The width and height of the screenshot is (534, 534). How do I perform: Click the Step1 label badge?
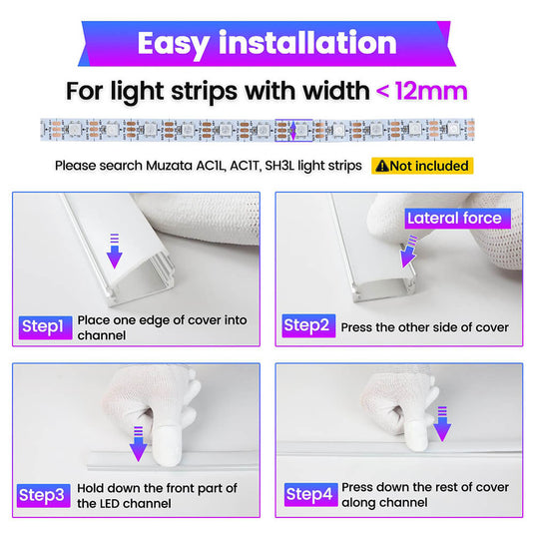coord(45,327)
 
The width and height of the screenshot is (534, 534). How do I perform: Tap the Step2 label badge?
coord(308,326)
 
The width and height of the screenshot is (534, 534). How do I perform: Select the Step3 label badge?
coord(44,495)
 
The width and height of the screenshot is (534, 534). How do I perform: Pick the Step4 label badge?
coord(311,494)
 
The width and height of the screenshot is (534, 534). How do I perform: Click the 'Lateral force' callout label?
coord(458,219)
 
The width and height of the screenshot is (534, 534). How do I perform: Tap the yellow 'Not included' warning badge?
coord(422,166)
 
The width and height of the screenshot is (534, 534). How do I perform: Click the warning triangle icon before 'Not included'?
coord(382,166)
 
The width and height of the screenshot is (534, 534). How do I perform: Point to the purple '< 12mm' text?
coord(421,91)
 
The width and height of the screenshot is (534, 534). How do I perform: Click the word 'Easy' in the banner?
coord(174,44)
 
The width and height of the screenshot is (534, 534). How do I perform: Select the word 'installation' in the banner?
coord(307,42)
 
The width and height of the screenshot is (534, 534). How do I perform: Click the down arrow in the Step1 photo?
coord(115,251)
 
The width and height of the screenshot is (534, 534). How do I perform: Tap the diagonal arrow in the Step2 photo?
coord(408,252)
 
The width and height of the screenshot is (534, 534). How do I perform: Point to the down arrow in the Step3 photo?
coord(139,444)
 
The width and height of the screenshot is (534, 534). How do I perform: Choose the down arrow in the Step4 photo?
coord(442,424)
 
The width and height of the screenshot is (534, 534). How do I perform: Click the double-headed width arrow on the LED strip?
coord(292,130)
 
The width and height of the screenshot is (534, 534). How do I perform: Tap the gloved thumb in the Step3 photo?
coord(167,444)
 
